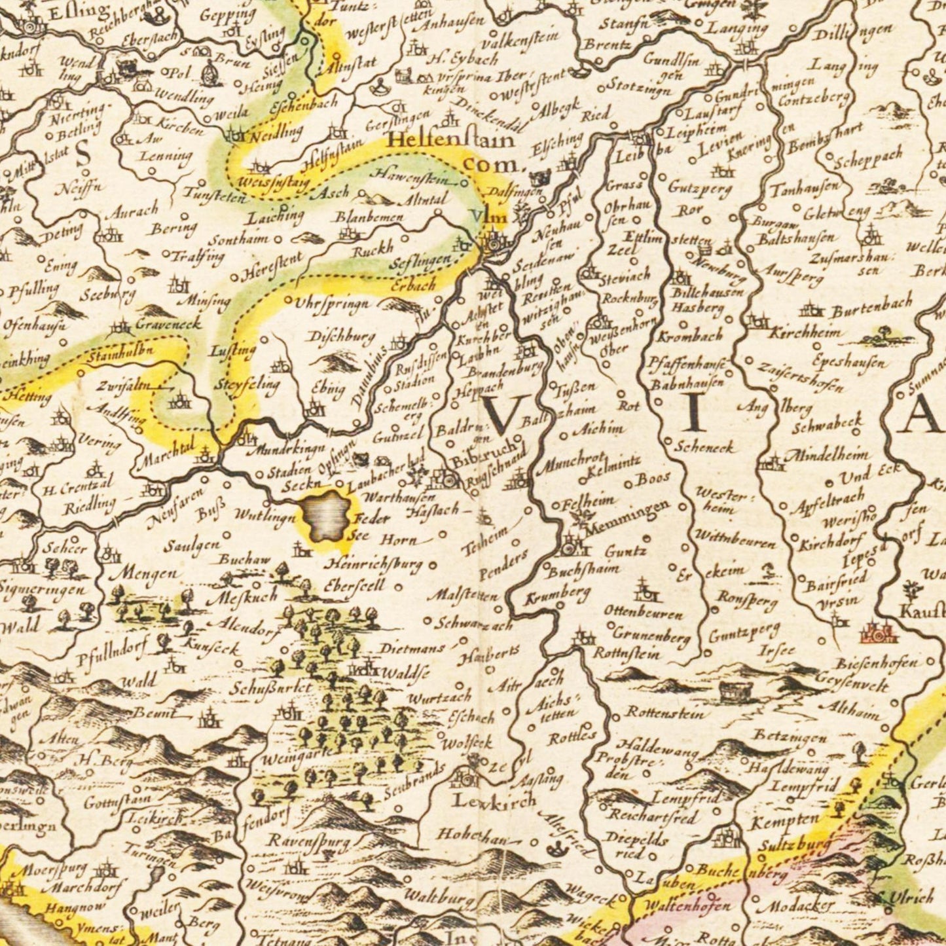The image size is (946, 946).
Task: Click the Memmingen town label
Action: [x=628, y=516]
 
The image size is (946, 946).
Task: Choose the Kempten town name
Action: [x=786, y=820]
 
